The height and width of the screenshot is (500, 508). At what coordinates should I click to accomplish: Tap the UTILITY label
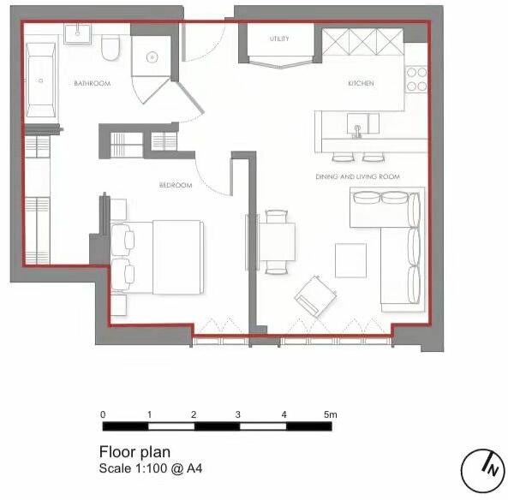pos(278,39)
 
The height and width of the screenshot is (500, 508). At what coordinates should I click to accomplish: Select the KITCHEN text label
pos(361,83)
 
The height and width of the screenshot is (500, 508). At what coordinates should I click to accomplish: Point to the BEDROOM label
pos(175,185)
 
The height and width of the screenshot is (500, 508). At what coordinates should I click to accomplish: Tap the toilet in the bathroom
pos(110,49)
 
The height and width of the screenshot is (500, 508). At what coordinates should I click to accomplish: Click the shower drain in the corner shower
pos(151,57)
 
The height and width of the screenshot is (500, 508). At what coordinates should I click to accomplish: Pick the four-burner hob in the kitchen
pos(416,79)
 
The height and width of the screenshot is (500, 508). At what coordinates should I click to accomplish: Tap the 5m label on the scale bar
pos(330,414)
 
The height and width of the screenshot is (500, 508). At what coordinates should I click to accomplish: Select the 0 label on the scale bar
pos(103,414)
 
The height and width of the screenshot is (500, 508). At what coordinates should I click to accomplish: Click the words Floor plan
pos(134,452)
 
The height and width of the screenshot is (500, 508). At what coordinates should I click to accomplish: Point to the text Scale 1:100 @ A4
pos(151,469)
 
